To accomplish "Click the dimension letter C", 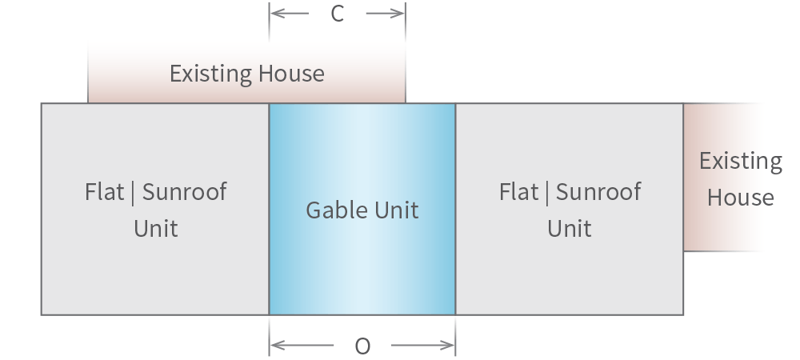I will pyautogui.click(x=337, y=14).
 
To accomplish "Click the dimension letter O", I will pyautogui.click(x=362, y=346).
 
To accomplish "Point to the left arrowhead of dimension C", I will pyautogui.click(x=274, y=14).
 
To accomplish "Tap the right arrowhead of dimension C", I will pyautogui.click(x=400, y=14).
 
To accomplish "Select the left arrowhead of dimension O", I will pyautogui.click(x=274, y=346).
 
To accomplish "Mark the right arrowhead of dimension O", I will pyautogui.click(x=450, y=346).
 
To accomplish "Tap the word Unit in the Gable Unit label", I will pyautogui.click(x=397, y=210).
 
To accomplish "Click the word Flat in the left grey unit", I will pyautogui.click(x=104, y=192).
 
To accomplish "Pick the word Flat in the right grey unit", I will pyautogui.click(x=518, y=192).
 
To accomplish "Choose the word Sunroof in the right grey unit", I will pyautogui.click(x=598, y=192).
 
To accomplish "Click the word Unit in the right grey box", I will pyautogui.click(x=569, y=229).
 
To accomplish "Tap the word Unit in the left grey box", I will pyautogui.click(x=155, y=229).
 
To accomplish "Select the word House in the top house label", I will pyautogui.click(x=290, y=74).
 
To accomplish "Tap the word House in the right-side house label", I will pyautogui.click(x=740, y=198).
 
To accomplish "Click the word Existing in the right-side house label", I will pyautogui.click(x=740, y=161).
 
